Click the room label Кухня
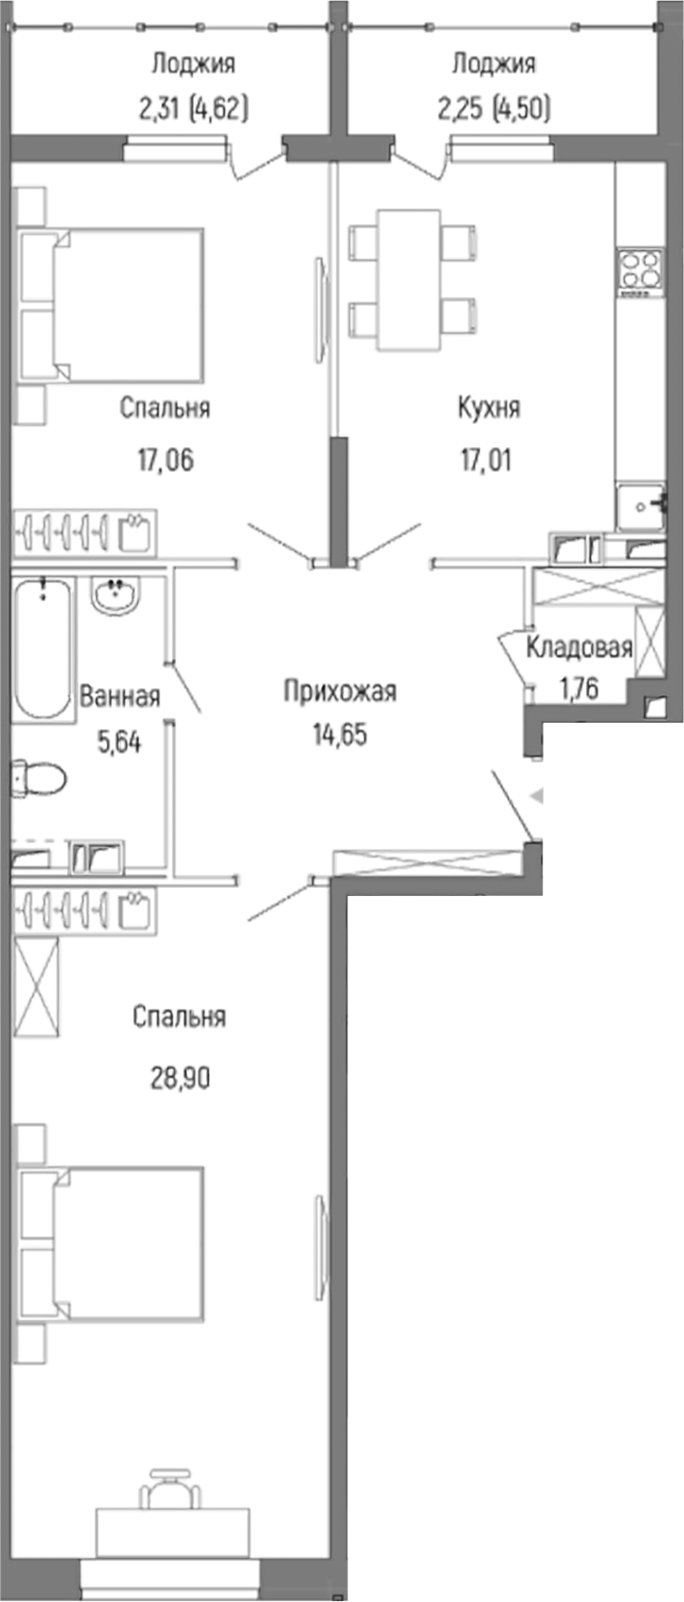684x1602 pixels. coord(489,407)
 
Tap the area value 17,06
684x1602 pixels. coord(164,459)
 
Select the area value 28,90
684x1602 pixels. coord(179,1078)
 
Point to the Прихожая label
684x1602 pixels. coord(339,691)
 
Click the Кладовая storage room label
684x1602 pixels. coord(579,648)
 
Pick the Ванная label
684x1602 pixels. coord(120,696)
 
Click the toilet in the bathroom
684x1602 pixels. coord(39,778)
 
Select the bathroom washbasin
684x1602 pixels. coord(114,596)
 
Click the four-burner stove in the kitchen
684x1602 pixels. coord(639,270)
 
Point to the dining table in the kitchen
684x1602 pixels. coord(408,280)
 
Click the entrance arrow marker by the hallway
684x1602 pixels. coord(535,796)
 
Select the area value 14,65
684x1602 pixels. coord(339,734)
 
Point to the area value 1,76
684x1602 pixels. coord(579,688)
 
